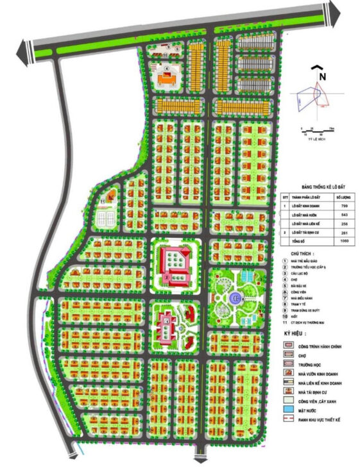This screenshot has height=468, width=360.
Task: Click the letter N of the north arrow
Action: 323,75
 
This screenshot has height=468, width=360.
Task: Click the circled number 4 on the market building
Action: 166,68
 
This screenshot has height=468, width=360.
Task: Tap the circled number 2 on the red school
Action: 167,278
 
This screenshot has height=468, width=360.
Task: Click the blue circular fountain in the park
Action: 236,296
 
